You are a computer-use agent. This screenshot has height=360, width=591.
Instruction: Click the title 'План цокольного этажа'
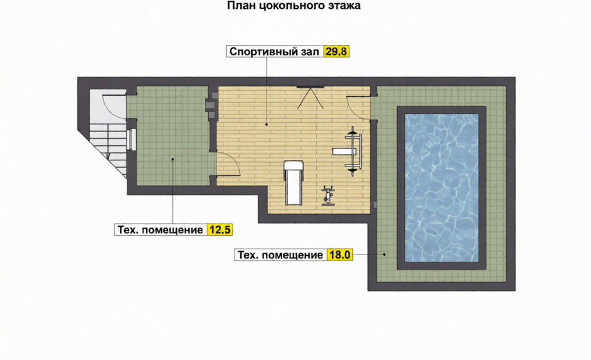[x=294, y=6]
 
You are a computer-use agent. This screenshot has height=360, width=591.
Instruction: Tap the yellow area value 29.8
[x=336, y=51]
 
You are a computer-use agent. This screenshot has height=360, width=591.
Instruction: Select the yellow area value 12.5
[x=220, y=230]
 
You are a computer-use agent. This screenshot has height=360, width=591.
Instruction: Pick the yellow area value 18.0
[x=340, y=255]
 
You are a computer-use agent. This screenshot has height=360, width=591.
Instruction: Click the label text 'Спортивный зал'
[x=274, y=51]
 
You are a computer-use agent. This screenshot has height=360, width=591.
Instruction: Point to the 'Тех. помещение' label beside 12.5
[x=160, y=230]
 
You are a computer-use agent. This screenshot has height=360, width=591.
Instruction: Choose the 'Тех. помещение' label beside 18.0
[x=280, y=255]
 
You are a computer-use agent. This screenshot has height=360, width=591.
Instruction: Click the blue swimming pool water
[x=441, y=188]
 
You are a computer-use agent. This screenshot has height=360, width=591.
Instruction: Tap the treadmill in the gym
[x=293, y=183]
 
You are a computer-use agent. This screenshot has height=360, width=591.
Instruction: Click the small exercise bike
[x=328, y=195]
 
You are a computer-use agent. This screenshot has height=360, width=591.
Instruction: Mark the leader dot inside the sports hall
[x=267, y=124]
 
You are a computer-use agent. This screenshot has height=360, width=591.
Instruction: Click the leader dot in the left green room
[x=173, y=159]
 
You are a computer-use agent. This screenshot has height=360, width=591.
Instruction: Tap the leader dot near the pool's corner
[x=384, y=255]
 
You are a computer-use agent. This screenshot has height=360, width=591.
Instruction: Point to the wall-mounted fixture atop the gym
[x=310, y=97]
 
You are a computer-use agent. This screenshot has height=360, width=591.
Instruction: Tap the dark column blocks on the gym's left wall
[x=211, y=106]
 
